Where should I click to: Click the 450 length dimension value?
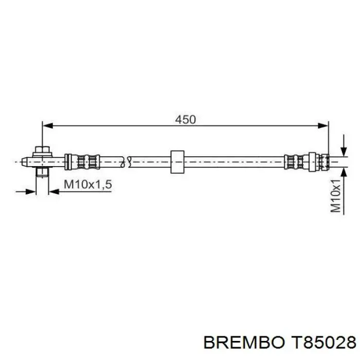click(x=185, y=119)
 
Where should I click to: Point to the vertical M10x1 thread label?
click(x=336, y=196)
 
